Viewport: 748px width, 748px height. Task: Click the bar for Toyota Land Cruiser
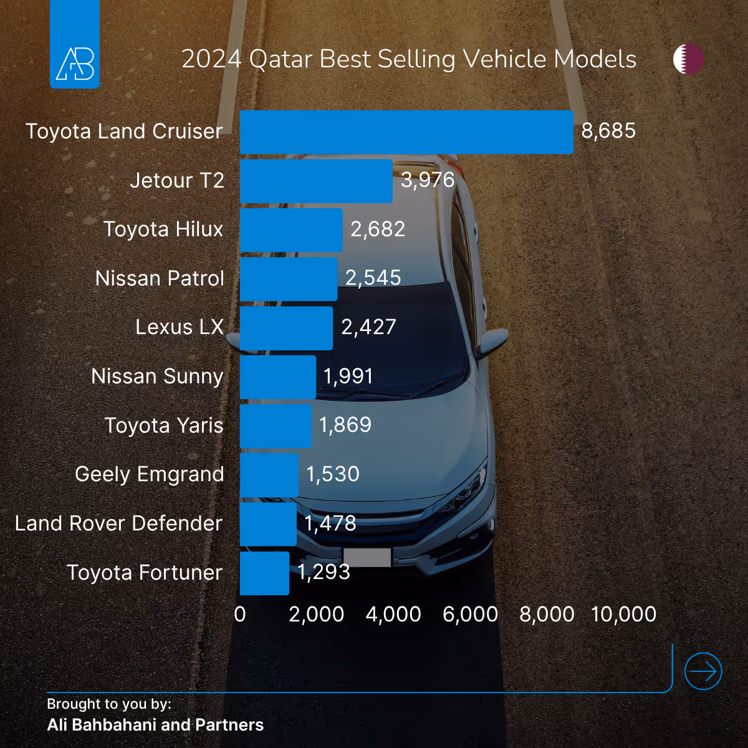406,132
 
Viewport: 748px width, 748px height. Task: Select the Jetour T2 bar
316,181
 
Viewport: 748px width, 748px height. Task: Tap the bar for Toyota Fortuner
264,573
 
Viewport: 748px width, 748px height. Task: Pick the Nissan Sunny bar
278,376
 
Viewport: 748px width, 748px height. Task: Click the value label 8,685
608,131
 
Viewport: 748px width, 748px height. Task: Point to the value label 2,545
373,278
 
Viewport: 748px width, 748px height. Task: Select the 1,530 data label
333,474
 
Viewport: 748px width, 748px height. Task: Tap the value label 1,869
345,425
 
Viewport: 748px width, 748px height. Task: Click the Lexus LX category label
180,327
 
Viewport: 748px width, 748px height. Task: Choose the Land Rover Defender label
118,524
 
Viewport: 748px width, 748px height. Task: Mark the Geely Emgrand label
150,474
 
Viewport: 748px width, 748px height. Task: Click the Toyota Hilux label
163,229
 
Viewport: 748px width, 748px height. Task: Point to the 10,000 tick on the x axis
623,615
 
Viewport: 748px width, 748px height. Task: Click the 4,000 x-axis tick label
393,615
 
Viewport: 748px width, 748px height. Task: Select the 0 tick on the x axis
240,615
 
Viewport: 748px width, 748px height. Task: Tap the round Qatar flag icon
689,59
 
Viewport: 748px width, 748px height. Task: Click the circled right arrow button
703,671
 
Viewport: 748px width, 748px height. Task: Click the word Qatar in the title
280,60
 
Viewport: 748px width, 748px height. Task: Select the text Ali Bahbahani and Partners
155,725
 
